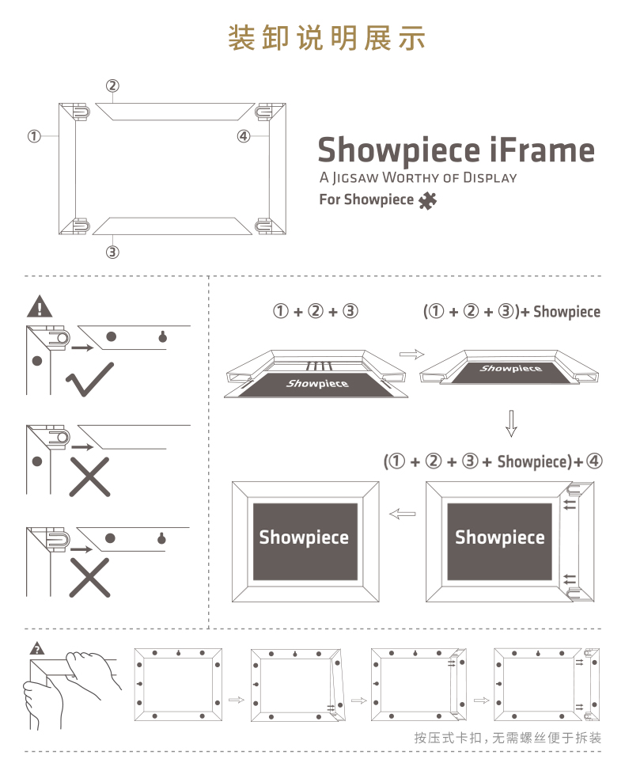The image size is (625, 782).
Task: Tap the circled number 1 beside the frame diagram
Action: click(x=34, y=136)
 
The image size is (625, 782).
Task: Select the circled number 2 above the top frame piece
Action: click(x=113, y=85)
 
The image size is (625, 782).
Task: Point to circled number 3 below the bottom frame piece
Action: click(x=113, y=252)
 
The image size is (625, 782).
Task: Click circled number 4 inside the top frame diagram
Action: click(x=244, y=136)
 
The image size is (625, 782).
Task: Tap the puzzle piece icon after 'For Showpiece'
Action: click(x=427, y=200)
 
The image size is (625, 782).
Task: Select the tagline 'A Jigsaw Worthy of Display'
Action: click(x=418, y=177)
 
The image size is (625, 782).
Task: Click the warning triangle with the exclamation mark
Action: click(x=39, y=306)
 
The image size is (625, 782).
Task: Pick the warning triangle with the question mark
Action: click(x=36, y=650)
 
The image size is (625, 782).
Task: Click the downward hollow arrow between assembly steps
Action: click(x=511, y=423)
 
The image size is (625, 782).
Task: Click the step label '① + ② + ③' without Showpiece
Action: click(x=316, y=312)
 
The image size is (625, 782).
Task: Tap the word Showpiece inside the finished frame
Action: click(x=304, y=538)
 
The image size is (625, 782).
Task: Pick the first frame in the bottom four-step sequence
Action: click(x=178, y=685)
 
